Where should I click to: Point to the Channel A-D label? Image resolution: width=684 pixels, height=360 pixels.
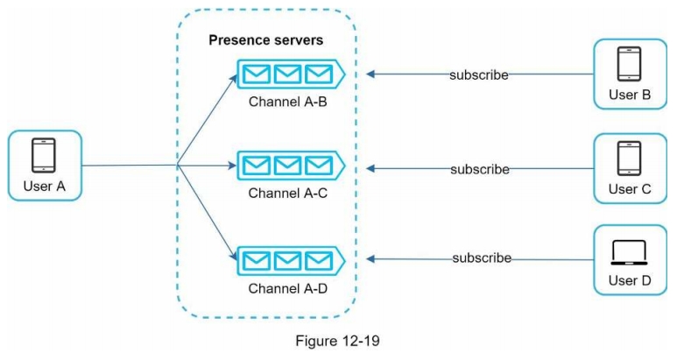287,287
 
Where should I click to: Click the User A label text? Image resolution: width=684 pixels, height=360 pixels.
44,187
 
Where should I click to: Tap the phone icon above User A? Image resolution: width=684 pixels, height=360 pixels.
44,156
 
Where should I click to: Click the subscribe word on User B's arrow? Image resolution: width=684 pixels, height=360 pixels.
478,74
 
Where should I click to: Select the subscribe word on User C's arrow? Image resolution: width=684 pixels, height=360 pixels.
480,169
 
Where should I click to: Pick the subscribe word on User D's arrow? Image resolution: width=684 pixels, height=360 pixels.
482,258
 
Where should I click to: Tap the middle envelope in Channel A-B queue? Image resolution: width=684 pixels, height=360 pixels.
287,74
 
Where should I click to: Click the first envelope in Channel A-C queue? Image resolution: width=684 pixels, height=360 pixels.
257,165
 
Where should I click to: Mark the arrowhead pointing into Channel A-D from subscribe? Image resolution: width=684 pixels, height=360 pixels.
372,258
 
